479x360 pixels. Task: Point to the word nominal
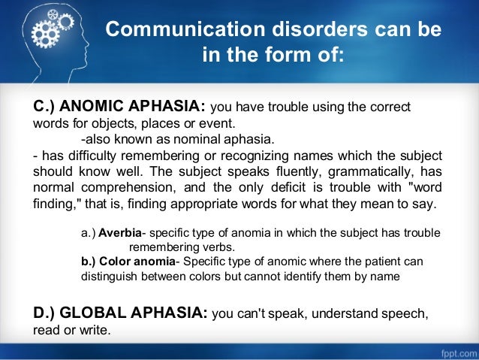point(201,140)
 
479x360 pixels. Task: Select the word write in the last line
point(96,328)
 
